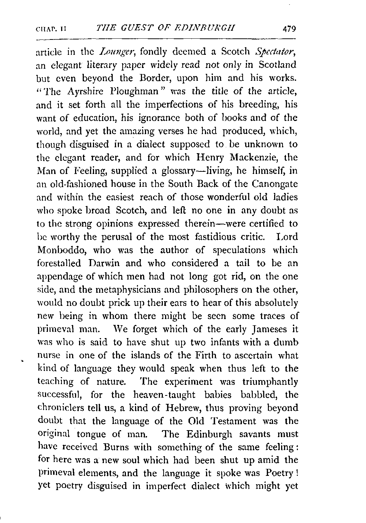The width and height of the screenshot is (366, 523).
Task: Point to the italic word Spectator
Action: click(278, 52)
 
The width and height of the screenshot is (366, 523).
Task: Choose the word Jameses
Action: click(271, 329)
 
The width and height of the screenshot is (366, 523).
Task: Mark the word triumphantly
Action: click(270, 382)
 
